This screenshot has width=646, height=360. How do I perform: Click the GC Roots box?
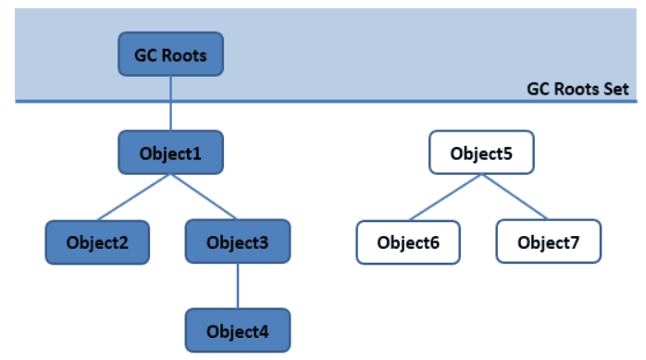170,55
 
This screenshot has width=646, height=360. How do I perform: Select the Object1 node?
170,152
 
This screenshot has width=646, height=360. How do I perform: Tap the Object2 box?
97,242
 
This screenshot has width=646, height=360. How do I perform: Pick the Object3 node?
238,242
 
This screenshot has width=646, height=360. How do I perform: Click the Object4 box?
238,330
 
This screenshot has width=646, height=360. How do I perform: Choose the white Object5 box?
480,152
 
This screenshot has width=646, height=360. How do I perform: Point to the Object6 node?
408,242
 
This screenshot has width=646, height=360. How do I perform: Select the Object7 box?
549,242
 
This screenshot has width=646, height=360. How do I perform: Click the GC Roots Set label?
578,90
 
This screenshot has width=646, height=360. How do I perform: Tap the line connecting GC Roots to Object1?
170,104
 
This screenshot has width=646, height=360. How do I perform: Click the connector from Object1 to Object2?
134,197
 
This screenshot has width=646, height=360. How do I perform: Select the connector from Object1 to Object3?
204,197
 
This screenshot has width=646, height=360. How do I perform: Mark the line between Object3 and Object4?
238,287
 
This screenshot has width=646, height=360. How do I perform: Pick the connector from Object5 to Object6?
444,197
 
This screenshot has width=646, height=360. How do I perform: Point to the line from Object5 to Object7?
515,197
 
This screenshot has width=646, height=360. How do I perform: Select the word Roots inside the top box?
185,55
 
